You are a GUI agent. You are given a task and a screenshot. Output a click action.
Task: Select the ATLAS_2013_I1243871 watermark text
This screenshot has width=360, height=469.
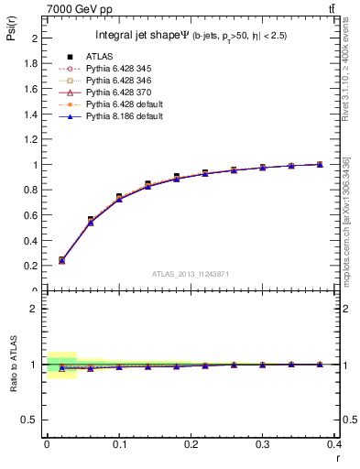coord(191,276)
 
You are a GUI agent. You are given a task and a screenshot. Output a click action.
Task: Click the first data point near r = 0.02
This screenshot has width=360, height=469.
coord(61,260)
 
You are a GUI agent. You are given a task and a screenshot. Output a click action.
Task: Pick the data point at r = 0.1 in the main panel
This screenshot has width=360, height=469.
coord(119,197)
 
